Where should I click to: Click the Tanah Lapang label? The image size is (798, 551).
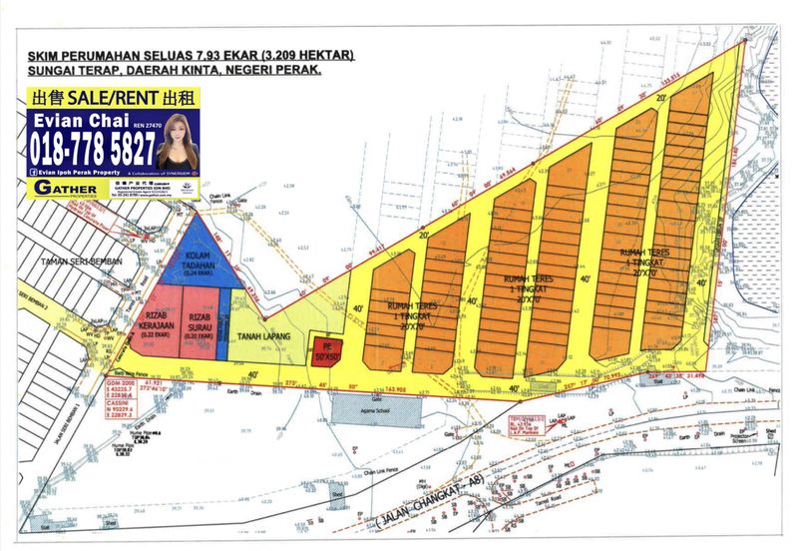[x=264, y=338]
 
